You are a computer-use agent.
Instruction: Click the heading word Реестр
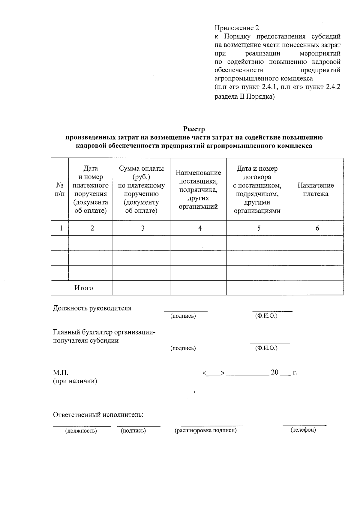click(x=194, y=129)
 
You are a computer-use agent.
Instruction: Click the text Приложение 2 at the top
click(x=236, y=28)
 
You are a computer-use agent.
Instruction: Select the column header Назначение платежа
click(x=315, y=190)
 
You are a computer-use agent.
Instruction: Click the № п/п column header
click(x=60, y=190)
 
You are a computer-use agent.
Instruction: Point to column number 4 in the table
click(x=200, y=228)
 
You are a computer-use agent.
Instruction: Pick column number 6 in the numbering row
click(x=317, y=228)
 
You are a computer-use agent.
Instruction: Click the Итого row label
click(x=84, y=288)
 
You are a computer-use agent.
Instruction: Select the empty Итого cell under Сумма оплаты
click(x=141, y=288)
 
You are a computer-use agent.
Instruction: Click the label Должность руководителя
click(x=92, y=308)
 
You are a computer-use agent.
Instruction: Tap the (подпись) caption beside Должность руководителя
click(x=183, y=316)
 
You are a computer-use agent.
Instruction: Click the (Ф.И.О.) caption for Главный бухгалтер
click(x=266, y=348)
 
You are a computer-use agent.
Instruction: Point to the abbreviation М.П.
click(x=61, y=373)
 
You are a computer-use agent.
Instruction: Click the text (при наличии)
click(x=75, y=381)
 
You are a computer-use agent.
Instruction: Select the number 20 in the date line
click(x=274, y=373)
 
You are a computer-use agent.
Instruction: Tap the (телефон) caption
click(x=303, y=430)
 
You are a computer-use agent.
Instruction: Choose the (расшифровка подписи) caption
click(x=205, y=431)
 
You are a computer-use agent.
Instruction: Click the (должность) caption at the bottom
click(x=81, y=431)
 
